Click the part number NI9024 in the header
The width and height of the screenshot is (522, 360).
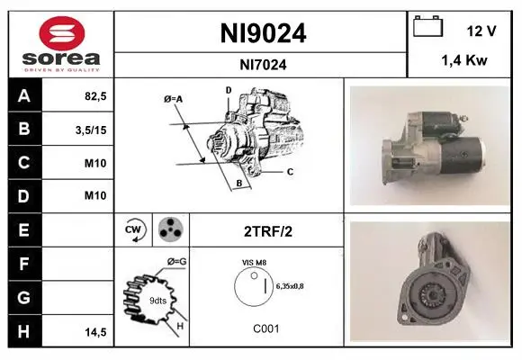coord(263,33)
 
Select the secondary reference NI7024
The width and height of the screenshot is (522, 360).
coord(263,65)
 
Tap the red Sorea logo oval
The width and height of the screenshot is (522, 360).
coord(62,33)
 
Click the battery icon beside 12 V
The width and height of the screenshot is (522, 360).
coord(428,26)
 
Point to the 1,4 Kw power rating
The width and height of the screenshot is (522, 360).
coord(464,60)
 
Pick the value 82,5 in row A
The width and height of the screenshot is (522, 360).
coord(95,96)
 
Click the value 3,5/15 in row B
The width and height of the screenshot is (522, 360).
coord(91,130)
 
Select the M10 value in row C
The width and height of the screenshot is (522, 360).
coord(95,163)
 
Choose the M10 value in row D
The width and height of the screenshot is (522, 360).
coord(95,195)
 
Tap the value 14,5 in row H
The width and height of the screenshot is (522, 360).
coord(95,332)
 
